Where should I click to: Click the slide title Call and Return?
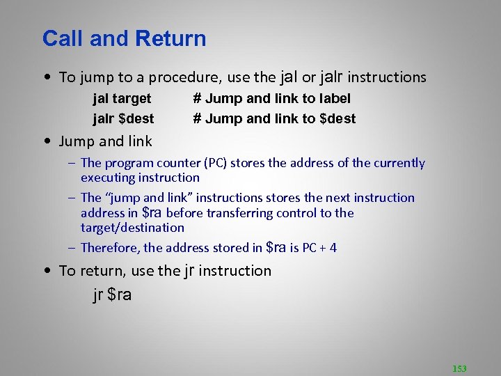click(124, 38)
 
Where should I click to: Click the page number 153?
click(459, 368)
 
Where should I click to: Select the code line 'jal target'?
click(122, 99)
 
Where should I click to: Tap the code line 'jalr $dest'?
click(123, 118)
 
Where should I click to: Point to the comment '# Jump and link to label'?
click(271, 99)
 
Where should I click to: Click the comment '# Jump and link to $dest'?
click(274, 118)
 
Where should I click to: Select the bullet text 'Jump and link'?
click(105, 142)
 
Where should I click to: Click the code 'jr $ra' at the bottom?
click(112, 295)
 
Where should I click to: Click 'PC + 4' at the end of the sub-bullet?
click(319, 247)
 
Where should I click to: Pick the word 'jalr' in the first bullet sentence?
click(331, 77)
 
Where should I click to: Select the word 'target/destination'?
click(132, 228)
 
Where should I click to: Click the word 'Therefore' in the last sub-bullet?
click(110, 247)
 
